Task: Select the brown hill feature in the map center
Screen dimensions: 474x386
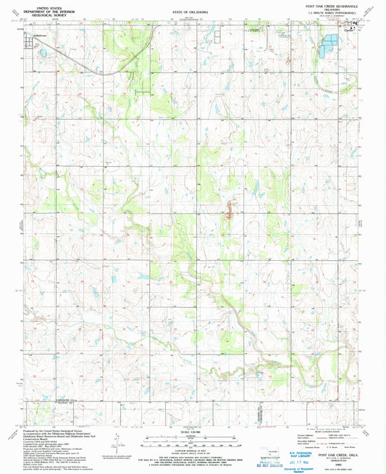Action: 230,211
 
